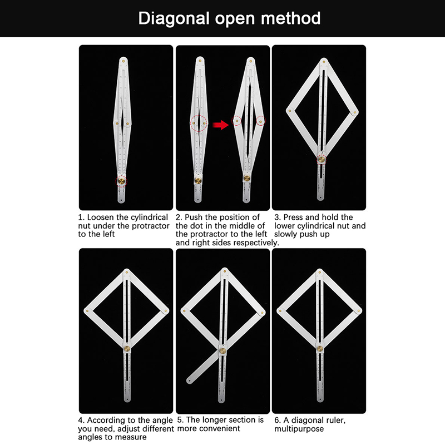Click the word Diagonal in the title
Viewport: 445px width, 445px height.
[174, 19]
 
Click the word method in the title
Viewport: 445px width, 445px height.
[290, 18]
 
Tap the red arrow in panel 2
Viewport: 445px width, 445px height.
[220, 125]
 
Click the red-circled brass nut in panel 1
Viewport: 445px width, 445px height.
[121, 181]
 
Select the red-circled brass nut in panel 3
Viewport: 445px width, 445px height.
[322, 159]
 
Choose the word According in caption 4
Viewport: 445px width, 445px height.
[106, 421]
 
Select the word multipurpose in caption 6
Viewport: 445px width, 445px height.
[299, 429]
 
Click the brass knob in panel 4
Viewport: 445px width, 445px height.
[127, 349]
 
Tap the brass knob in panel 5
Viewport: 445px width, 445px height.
[223, 351]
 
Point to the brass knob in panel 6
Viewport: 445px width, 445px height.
[319, 349]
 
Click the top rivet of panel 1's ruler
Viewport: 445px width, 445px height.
[123, 61]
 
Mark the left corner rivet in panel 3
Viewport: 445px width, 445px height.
[290, 111]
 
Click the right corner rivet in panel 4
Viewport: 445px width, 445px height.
[165, 311]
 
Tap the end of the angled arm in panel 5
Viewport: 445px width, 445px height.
[189, 380]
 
